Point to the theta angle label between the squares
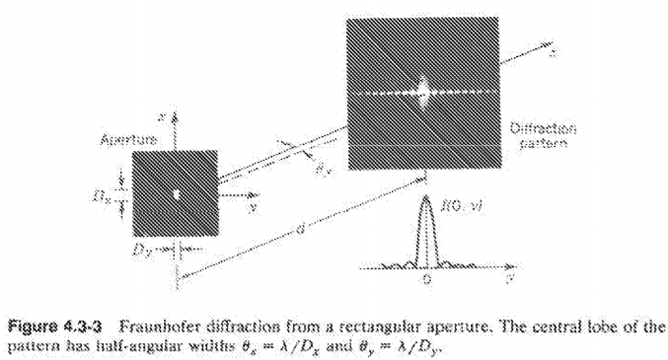(321, 169)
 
